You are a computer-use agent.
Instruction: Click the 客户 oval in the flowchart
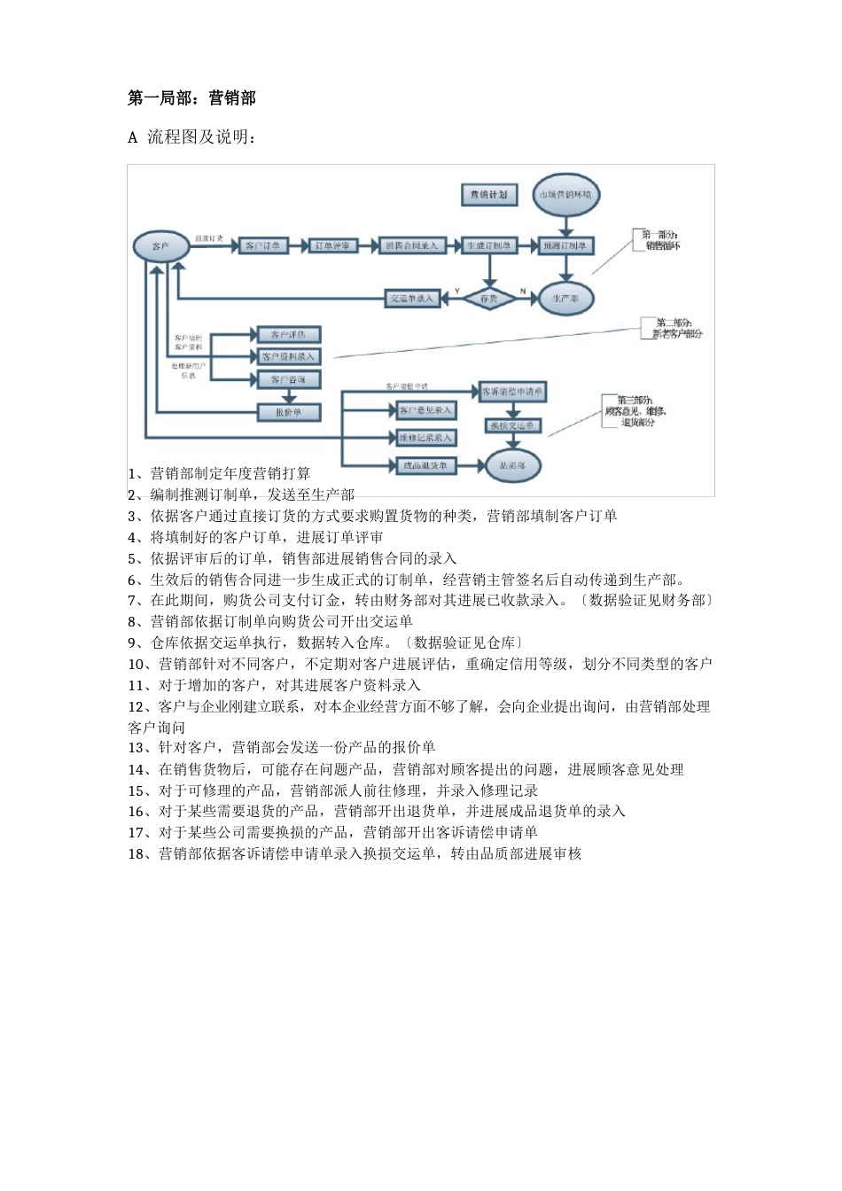pos(160,246)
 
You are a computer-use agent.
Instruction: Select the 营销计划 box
pos(488,195)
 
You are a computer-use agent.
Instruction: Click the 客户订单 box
pos(263,245)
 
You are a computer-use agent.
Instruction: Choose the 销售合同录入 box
pos(411,245)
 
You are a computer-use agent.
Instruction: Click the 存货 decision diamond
pos(489,299)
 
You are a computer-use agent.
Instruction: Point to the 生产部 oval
pos(565,299)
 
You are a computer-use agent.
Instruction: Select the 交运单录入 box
pos(412,299)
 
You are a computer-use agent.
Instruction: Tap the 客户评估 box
pos(288,335)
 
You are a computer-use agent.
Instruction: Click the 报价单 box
pos(288,412)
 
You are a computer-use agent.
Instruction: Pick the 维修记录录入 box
pos(425,438)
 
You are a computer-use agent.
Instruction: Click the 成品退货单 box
pos(425,465)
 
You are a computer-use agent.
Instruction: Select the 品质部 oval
pos(512,465)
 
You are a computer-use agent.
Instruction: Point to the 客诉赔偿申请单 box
pos(512,391)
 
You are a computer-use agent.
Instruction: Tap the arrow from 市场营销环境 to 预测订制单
pos(566,225)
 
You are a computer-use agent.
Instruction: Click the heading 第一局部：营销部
pos(191,98)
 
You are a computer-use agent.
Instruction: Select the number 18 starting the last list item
pos(136,854)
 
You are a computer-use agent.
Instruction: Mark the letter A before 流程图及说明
pos(133,138)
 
